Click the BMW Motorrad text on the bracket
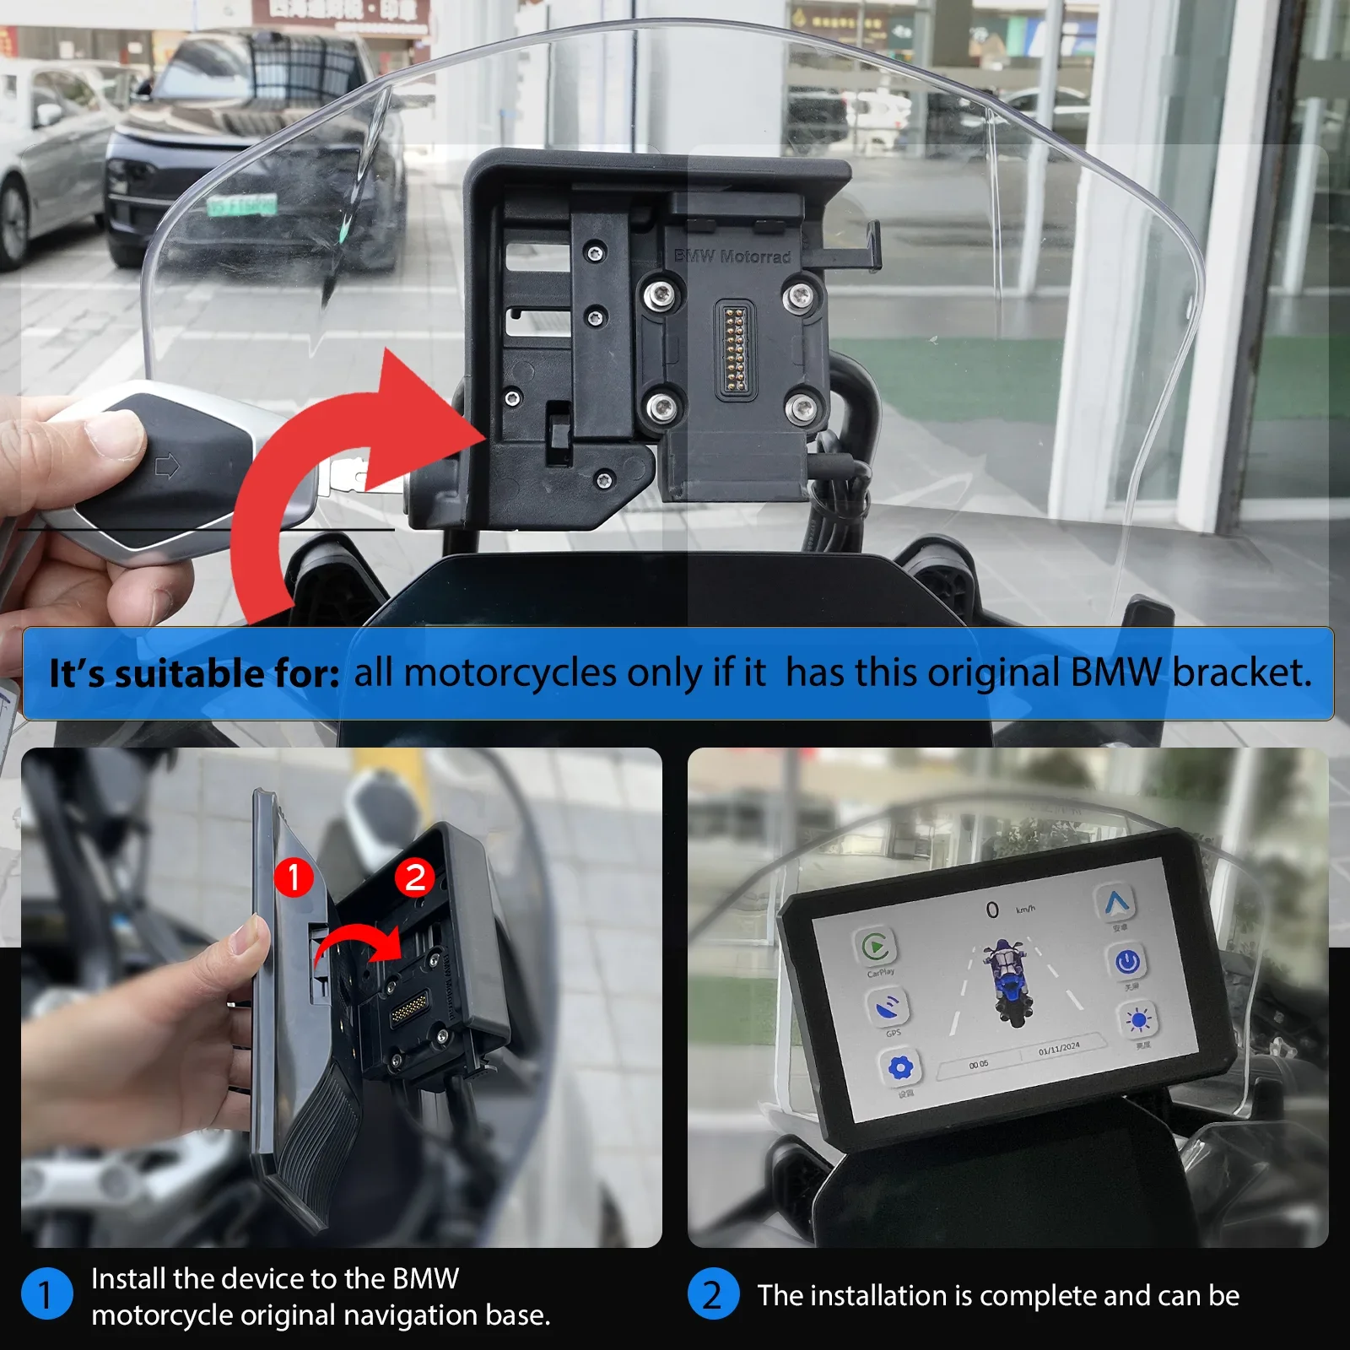[x=732, y=256]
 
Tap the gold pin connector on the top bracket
[x=733, y=348]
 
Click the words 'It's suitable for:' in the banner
[x=194, y=673]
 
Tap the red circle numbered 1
[x=294, y=877]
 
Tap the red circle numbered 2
[x=414, y=877]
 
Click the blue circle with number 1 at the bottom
[x=46, y=1293]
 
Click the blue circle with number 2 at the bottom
[x=713, y=1293]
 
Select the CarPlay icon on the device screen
[x=876, y=947]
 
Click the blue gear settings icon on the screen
[x=900, y=1069]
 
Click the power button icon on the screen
[x=1127, y=961]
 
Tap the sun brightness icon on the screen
[x=1138, y=1021]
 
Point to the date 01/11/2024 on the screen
[x=1059, y=1048]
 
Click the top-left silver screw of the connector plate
[x=660, y=294]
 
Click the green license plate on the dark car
[x=242, y=205]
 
